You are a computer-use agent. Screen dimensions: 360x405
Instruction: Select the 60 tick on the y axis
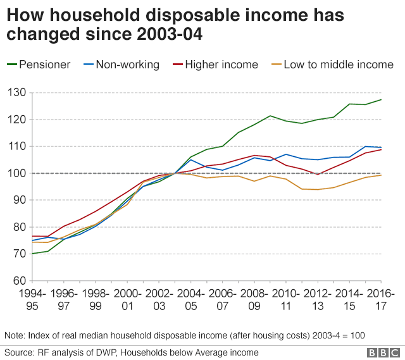[x=20, y=280]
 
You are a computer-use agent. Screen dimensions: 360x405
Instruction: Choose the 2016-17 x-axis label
[x=381, y=300]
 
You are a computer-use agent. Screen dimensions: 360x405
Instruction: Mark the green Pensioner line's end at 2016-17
[x=381, y=99]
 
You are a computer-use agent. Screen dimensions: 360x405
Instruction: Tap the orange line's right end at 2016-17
[x=381, y=175]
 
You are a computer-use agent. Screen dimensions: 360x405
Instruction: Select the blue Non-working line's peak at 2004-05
[x=191, y=159]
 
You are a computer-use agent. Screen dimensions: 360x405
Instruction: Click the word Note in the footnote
[x=15, y=334]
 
